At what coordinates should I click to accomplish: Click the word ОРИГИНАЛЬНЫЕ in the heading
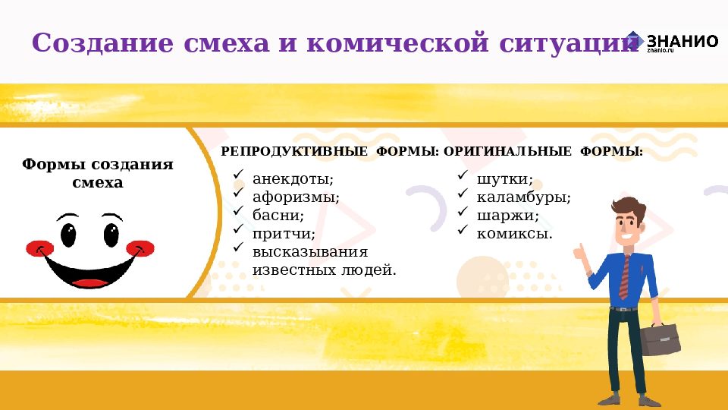(507, 152)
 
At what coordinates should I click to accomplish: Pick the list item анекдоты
(293, 180)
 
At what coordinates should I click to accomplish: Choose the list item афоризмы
(296, 197)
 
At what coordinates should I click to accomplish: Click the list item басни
(278, 215)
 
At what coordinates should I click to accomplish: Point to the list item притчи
(284, 232)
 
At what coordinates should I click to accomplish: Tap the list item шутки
(504, 180)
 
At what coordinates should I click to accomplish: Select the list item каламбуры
(523, 197)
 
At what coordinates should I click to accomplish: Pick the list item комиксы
(514, 232)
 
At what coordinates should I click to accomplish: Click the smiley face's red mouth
(90, 282)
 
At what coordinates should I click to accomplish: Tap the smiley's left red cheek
(36, 248)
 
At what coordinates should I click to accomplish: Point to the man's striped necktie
(624, 276)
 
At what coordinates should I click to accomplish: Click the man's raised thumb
(580, 251)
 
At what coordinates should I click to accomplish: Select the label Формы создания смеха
(97, 174)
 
